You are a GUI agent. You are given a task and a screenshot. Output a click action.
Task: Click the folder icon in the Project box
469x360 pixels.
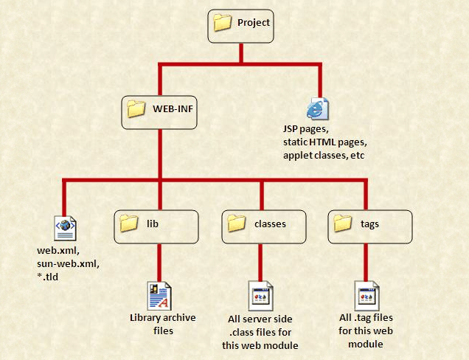click(x=223, y=23)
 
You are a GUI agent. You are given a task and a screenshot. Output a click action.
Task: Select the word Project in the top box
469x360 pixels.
click(x=254, y=23)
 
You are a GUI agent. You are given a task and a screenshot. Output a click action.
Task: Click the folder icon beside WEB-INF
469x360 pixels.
click(x=136, y=109)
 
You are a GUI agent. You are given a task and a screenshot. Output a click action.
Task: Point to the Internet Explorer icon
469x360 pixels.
click(x=318, y=108)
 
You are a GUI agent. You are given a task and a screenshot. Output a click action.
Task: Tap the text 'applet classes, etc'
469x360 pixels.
click(x=324, y=156)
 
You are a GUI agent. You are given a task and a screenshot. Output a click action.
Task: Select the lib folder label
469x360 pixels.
click(x=153, y=223)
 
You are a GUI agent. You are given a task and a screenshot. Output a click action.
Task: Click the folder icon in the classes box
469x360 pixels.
click(x=236, y=223)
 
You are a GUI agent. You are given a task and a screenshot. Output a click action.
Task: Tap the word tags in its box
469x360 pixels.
click(x=370, y=223)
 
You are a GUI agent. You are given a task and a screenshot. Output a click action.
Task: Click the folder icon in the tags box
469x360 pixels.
click(x=343, y=223)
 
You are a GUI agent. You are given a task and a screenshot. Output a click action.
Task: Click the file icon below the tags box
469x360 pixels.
click(x=366, y=295)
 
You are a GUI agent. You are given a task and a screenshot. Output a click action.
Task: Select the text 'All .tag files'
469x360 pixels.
click(x=367, y=318)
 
